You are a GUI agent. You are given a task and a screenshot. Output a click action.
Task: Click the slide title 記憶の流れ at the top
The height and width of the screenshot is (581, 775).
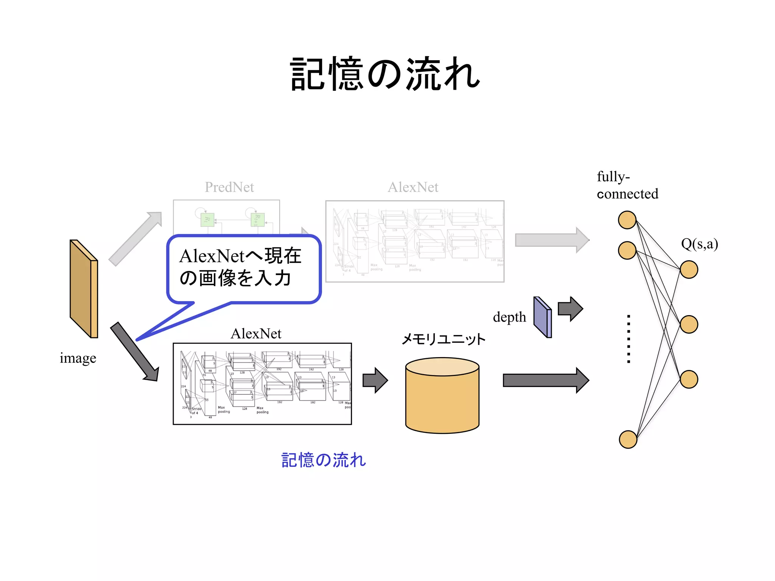[x=384, y=74]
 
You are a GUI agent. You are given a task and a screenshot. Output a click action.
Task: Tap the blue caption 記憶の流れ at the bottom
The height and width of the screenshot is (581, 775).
[x=324, y=460]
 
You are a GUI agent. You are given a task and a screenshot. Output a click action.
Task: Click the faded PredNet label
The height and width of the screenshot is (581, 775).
[x=229, y=187]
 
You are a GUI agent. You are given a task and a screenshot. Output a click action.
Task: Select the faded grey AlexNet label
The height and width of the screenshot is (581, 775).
[x=413, y=187]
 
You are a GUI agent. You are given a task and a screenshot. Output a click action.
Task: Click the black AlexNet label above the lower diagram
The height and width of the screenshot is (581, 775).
[x=256, y=334]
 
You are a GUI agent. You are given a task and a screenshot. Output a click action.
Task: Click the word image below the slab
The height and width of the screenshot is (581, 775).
[x=78, y=358]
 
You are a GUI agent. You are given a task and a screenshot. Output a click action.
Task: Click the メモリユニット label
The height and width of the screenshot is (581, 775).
[x=443, y=339]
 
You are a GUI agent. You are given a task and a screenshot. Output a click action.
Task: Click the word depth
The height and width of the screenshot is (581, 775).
[x=509, y=317]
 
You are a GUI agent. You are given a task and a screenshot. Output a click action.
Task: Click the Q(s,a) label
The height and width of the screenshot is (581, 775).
[x=699, y=244]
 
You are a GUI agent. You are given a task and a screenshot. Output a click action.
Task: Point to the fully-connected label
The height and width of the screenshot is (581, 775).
[x=627, y=185]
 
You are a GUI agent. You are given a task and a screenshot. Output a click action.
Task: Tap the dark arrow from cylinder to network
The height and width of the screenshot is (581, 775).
[x=545, y=380]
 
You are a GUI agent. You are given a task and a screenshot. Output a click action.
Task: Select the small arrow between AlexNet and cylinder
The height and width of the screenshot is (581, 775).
[x=375, y=380]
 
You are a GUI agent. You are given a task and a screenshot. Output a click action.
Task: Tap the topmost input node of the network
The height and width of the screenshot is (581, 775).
[x=627, y=220]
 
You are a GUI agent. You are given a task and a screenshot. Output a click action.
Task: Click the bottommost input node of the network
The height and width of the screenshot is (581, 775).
[x=628, y=439]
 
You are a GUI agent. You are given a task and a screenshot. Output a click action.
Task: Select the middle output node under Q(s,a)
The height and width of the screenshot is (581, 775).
[x=689, y=324]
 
